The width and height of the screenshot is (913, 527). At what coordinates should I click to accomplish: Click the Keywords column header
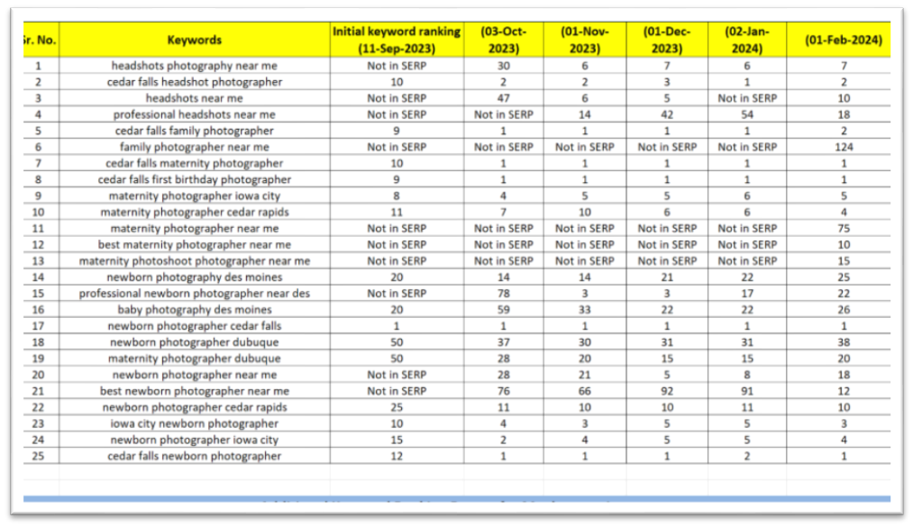194,40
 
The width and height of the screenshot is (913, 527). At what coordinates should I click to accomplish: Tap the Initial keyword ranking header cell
397,40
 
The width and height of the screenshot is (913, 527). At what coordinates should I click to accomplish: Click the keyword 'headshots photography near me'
194,66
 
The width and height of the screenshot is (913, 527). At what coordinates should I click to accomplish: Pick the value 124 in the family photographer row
843,147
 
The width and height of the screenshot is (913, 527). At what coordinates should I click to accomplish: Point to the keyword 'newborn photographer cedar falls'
194,326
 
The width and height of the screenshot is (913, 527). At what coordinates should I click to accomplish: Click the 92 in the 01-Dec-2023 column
667,391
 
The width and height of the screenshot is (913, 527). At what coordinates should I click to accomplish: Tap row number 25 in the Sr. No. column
38,456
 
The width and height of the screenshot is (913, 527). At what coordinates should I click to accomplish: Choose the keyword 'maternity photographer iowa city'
194,195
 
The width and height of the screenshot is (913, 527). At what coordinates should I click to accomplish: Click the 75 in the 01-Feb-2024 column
843,228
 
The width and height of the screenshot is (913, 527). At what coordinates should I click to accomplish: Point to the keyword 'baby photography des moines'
194,310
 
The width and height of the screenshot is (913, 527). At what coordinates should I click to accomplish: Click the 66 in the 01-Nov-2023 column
585,391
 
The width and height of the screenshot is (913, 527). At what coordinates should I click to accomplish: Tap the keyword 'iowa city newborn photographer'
194,423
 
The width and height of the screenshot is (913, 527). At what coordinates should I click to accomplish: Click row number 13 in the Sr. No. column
38,260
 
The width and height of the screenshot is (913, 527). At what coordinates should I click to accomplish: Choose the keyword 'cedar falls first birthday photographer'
194,179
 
